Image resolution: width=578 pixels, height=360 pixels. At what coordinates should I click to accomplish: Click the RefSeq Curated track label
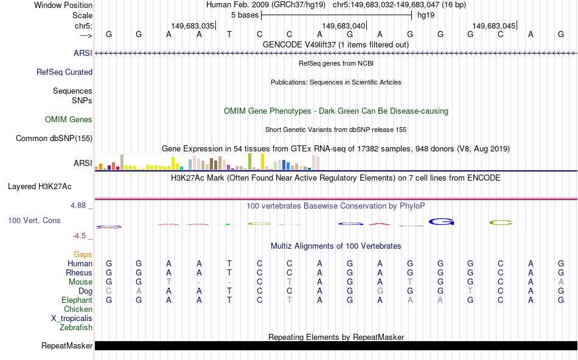[64, 72]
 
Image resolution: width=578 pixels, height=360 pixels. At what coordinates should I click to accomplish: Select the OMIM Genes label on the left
[69, 120]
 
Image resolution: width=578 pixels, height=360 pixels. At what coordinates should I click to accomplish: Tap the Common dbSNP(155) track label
[54, 139]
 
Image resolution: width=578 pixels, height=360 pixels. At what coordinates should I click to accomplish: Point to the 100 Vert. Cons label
[35, 220]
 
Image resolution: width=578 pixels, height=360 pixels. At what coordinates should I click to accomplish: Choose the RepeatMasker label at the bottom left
[67, 346]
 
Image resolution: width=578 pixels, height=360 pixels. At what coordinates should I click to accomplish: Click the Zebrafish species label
[76, 328]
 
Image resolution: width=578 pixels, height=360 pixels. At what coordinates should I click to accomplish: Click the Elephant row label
[77, 300]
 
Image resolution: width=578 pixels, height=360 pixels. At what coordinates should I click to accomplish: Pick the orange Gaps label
[83, 254]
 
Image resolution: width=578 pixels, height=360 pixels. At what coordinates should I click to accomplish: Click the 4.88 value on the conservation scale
[79, 206]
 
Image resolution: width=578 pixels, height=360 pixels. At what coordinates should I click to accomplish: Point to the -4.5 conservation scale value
[80, 236]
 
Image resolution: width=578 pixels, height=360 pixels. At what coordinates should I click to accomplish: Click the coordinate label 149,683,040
[344, 26]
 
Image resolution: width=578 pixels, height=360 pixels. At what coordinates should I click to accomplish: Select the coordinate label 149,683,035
[193, 26]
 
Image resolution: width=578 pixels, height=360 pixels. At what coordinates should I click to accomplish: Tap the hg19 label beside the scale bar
[426, 15]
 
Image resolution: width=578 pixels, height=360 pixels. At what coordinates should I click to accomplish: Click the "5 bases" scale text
[245, 15]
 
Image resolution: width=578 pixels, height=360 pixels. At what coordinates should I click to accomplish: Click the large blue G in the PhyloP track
[442, 221]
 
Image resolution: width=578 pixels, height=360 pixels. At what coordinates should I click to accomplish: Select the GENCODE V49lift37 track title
[335, 44]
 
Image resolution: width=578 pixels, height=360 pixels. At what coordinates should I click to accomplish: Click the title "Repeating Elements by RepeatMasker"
[336, 337]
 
